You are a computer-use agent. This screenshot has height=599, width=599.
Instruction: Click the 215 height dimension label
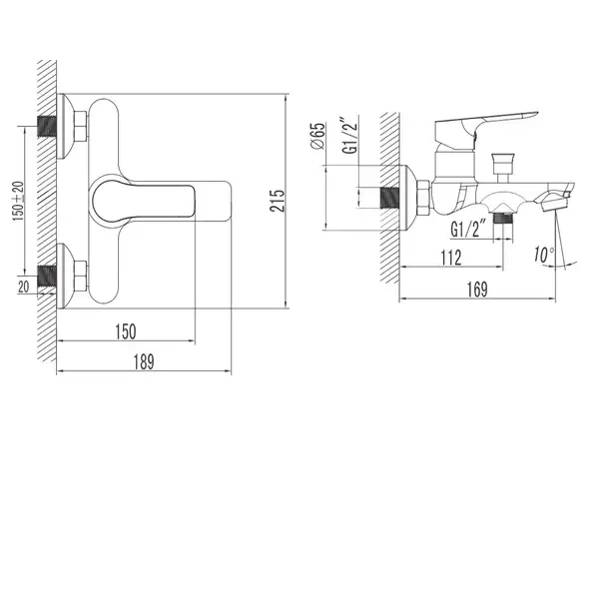(278, 201)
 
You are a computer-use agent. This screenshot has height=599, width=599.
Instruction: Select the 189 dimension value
(144, 362)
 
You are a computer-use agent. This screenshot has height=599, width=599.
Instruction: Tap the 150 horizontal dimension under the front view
(126, 331)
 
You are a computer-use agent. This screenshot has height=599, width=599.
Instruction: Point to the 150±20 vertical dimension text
(18, 201)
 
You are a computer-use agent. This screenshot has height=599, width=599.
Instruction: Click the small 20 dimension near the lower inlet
(23, 287)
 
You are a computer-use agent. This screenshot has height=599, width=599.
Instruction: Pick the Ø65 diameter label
(317, 136)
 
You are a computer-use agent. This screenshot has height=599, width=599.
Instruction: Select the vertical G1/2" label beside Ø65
(350, 135)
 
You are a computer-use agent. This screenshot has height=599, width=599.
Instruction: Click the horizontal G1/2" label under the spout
(468, 229)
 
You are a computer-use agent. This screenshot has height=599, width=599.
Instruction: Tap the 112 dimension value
(451, 258)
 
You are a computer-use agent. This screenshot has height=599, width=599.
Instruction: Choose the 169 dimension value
(477, 290)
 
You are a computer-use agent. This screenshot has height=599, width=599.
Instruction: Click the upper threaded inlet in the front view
(47, 126)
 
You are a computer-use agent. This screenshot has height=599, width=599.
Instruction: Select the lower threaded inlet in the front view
(47, 276)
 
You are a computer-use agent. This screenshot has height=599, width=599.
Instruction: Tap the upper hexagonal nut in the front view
(80, 126)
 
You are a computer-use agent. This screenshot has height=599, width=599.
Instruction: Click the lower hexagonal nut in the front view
(80, 276)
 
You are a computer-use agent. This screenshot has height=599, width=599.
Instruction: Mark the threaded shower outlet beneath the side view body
(503, 218)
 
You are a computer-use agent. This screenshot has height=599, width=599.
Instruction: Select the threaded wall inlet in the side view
(390, 198)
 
